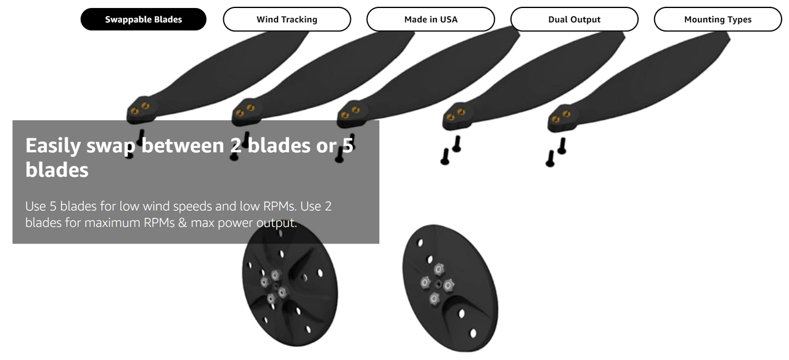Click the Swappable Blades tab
click(x=144, y=19)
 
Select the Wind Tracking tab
click(x=287, y=19)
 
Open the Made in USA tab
click(x=430, y=19)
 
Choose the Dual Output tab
click(x=574, y=19)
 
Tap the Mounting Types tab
click(x=718, y=19)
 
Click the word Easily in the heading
click(x=53, y=146)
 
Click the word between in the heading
click(x=183, y=145)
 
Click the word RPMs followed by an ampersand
click(x=158, y=223)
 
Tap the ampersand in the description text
click(x=182, y=223)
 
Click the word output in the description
click(x=277, y=223)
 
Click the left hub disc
click(x=290, y=285)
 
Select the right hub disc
click(x=450, y=288)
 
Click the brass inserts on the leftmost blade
click(x=140, y=108)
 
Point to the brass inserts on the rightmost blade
click(x=561, y=117)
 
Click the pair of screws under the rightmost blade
click(x=556, y=152)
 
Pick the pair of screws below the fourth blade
click(x=451, y=150)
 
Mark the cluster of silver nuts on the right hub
click(x=438, y=284)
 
